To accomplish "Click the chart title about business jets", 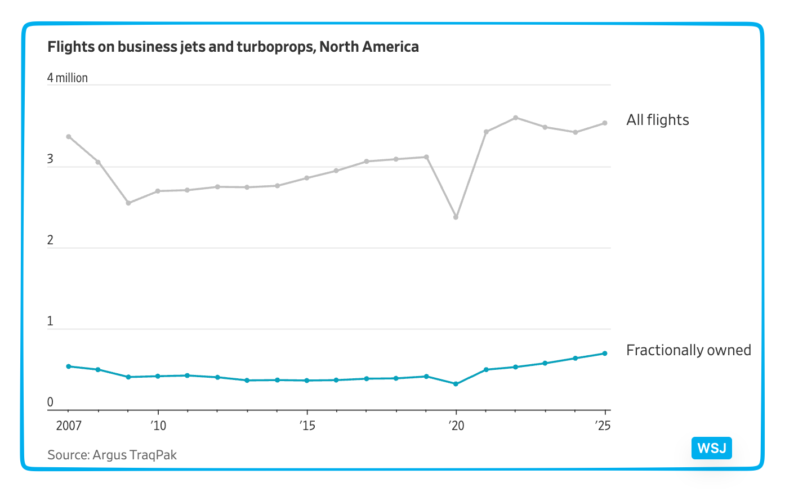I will pyautogui.click(x=233, y=47).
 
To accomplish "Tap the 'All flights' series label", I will pyautogui.click(x=657, y=120).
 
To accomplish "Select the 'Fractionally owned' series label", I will pyautogui.click(x=688, y=350).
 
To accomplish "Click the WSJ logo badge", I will pyautogui.click(x=711, y=448).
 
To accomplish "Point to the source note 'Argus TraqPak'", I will pyautogui.click(x=112, y=455).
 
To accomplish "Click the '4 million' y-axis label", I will pyautogui.click(x=68, y=78).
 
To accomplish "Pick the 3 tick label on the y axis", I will pyautogui.click(x=51, y=159).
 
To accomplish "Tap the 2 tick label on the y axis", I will pyautogui.click(x=51, y=240).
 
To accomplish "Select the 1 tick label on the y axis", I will pyautogui.click(x=51, y=321).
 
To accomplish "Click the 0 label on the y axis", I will pyautogui.click(x=51, y=402).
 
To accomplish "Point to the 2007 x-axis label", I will pyautogui.click(x=69, y=426).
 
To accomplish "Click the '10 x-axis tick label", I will pyautogui.click(x=158, y=426).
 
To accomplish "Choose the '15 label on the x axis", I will pyautogui.click(x=307, y=426).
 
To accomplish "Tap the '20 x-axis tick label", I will pyautogui.click(x=456, y=426).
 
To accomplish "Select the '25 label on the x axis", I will pyautogui.click(x=603, y=426).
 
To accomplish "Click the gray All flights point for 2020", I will pyautogui.click(x=456, y=217).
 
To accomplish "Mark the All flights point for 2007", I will pyautogui.click(x=69, y=137).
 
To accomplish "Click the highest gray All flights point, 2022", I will pyautogui.click(x=516, y=118).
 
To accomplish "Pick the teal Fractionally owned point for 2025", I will pyautogui.click(x=605, y=354).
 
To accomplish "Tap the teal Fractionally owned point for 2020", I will pyautogui.click(x=456, y=384).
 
